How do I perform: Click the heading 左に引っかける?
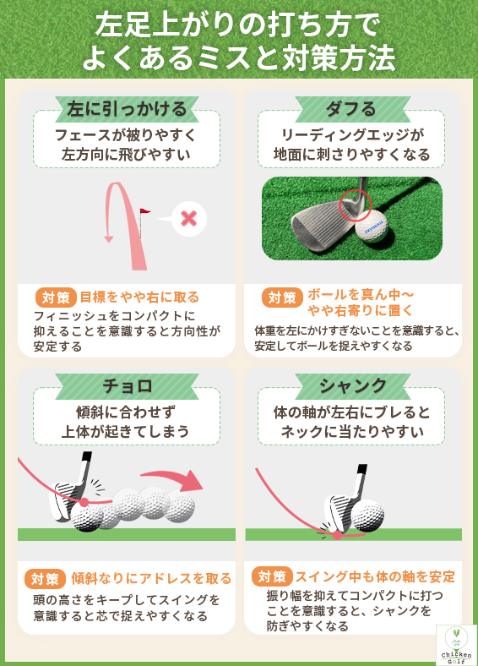click(x=126, y=109)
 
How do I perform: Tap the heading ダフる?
click(x=350, y=109)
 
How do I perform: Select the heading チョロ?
click(x=126, y=386)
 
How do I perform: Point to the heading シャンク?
click(x=352, y=386)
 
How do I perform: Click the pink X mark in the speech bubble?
click(x=189, y=218)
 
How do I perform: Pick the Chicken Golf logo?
click(x=456, y=645)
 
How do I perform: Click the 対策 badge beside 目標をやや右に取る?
click(x=56, y=298)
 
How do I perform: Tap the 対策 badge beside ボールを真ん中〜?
click(x=282, y=298)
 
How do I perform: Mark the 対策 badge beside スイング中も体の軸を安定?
click(x=271, y=577)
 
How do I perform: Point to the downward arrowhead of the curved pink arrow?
click(x=108, y=239)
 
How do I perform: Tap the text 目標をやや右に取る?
click(x=139, y=298)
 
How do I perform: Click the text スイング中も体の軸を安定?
click(x=375, y=577)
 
